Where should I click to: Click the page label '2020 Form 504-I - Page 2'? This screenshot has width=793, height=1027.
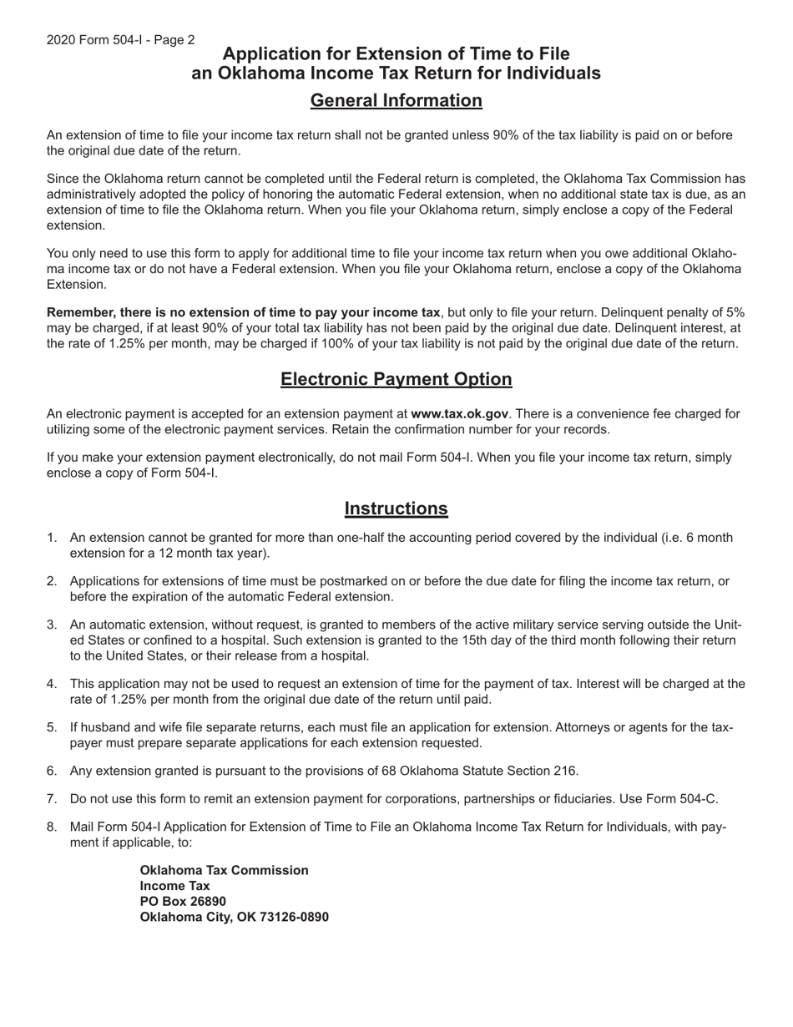click(x=121, y=40)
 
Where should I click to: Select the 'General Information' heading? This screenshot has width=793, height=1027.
click(x=396, y=101)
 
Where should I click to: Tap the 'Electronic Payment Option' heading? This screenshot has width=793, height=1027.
click(x=396, y=379)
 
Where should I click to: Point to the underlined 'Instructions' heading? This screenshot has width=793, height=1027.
click(x=396, y=508)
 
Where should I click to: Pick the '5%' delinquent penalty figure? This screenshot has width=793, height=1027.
click(x=734, y=312)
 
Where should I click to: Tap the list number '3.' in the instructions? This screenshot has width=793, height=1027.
click(x=52, y=625)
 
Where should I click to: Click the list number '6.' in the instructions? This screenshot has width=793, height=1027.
click(x=52, y=771)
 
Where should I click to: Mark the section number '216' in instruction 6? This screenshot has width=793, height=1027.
click(x=565, y=771)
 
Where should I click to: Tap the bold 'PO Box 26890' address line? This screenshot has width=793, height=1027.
click(x=183, y=902)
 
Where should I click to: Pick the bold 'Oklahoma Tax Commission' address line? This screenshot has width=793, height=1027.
click(x=224, y=870)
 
